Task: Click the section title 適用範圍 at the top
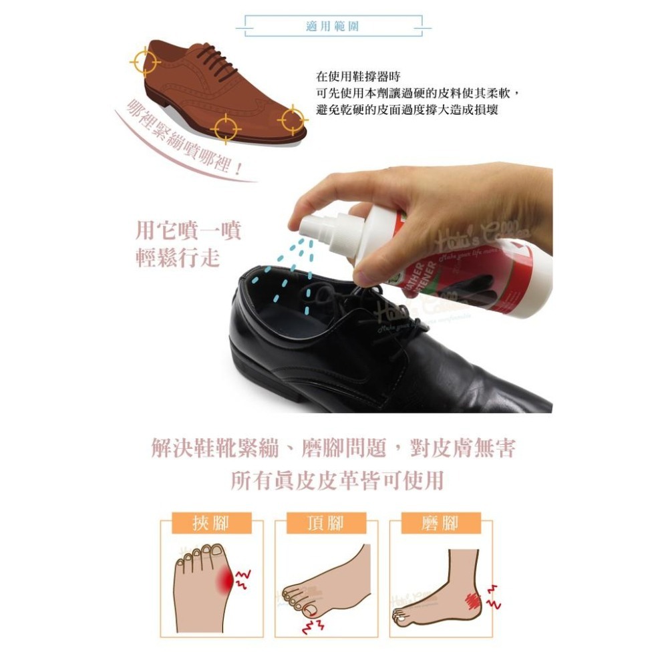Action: point(331,27)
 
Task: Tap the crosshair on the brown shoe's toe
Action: point(292,120)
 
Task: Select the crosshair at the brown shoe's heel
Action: point(145,63)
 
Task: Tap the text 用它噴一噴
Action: point(188,231)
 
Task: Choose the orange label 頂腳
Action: point(326,523)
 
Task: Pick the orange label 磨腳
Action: point(440,523)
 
